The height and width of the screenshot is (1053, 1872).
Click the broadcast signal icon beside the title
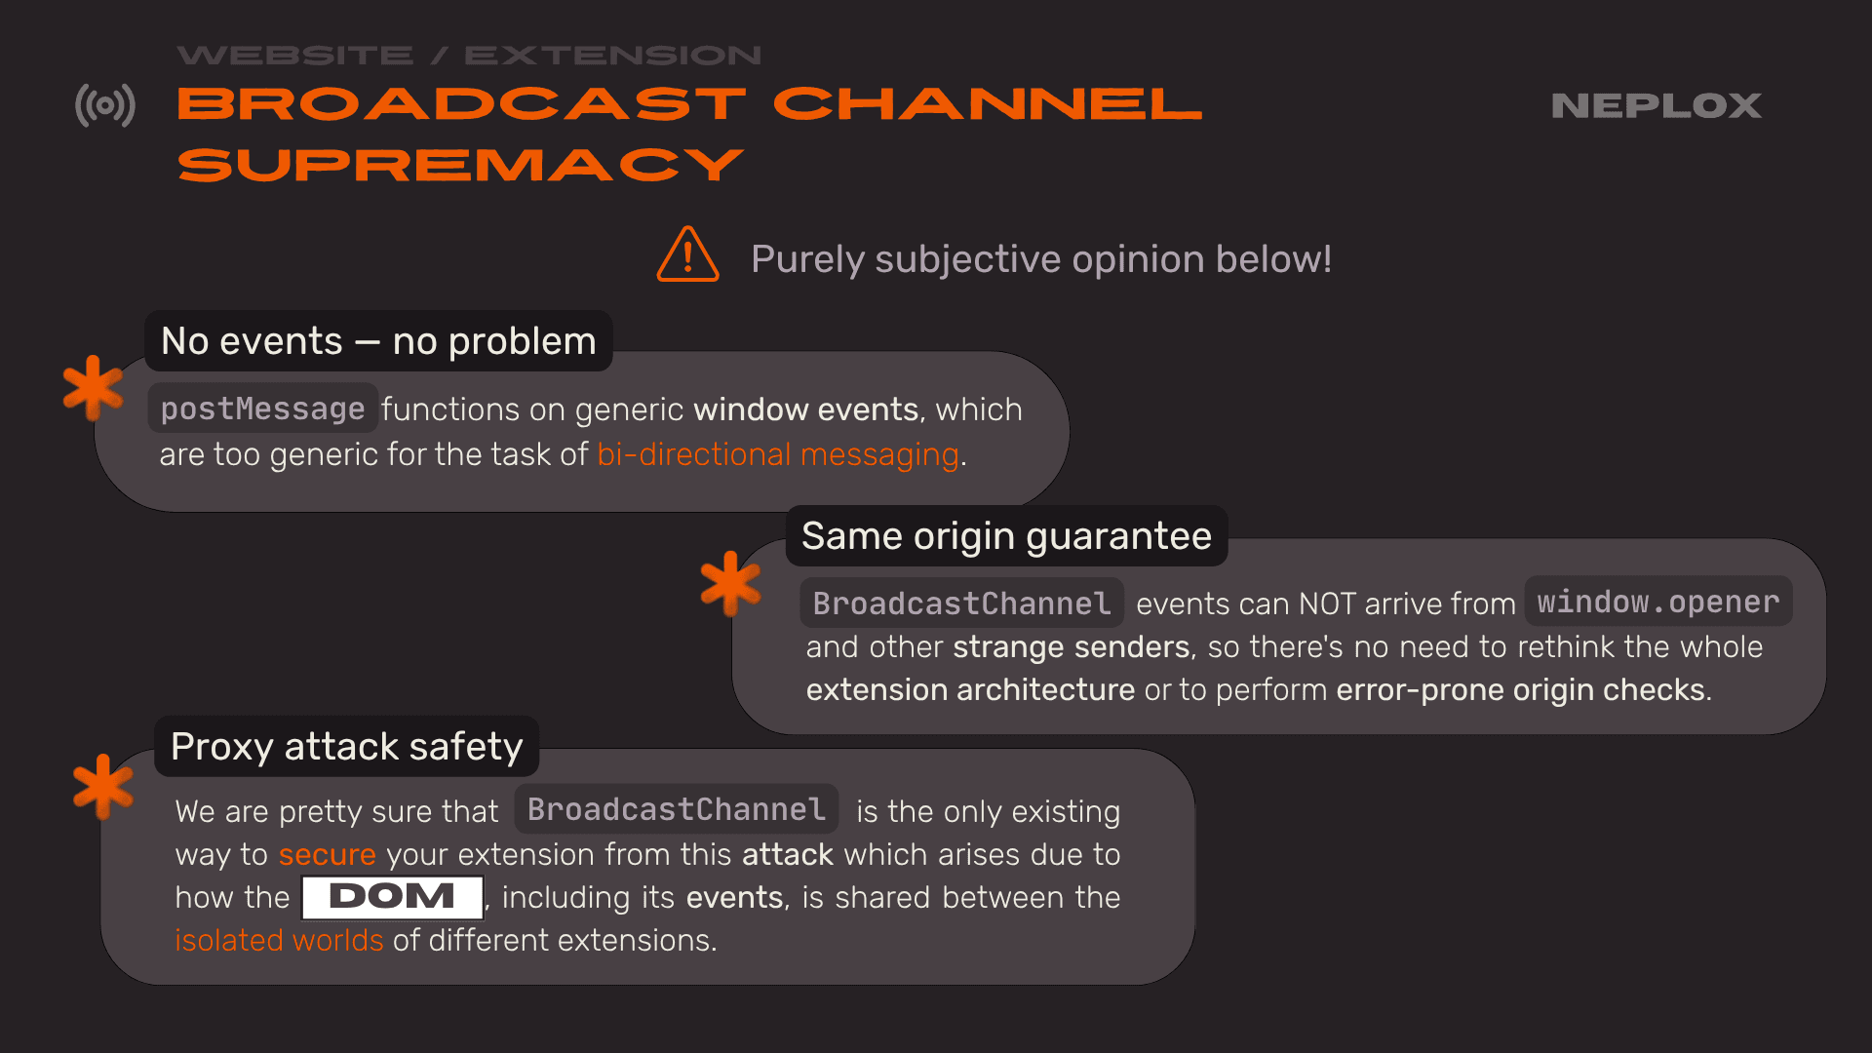105,105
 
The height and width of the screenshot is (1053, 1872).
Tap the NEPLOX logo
1656,105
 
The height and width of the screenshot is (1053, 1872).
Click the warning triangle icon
687,255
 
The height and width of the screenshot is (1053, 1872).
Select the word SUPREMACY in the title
460,165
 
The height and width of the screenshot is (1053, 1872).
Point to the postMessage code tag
262,409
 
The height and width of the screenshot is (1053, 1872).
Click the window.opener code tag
1658,603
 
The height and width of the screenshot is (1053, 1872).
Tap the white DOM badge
392,897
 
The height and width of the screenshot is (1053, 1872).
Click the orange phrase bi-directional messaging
778,454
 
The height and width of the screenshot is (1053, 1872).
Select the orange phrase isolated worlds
279,940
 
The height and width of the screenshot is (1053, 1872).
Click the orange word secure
327,854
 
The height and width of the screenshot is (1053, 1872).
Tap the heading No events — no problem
378,341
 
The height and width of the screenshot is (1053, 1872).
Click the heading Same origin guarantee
1006,536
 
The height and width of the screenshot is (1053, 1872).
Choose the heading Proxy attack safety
346,747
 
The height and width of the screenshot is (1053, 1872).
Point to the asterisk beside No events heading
93,388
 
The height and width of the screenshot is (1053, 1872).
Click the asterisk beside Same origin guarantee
730,583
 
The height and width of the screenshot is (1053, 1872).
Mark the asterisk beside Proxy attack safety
103,786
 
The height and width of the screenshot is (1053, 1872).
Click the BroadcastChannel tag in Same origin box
961,604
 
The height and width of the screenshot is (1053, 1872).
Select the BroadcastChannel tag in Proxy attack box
677,809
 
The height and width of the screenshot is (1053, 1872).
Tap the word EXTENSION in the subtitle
612,56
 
